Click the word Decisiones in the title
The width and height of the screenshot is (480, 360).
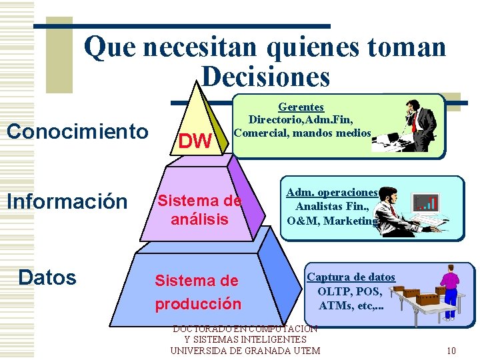coord(265,77)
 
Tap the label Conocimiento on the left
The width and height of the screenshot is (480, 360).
coord(77,131)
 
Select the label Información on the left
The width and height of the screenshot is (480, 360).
coord(67,201)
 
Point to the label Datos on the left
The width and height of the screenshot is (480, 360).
coord(47,277)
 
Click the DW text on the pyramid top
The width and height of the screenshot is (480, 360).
coord(195,141)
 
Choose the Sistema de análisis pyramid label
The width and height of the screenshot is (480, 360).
coord(199,210)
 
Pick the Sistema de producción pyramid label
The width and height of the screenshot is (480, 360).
coord(197,292)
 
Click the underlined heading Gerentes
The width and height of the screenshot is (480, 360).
coord(301,107)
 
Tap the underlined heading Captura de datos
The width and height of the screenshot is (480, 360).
coord(351,277)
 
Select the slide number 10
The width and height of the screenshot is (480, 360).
coord(451,351)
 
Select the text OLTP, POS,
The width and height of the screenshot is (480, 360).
coord(350,291)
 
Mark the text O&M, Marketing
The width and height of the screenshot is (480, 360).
coord(331,221)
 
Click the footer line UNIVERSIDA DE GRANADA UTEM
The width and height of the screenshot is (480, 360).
coord(245,351)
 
